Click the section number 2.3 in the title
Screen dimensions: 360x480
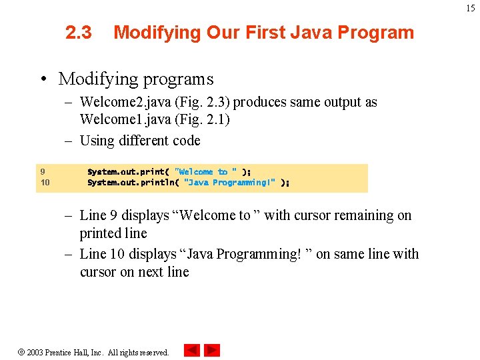(79, 32)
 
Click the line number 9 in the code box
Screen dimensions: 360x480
(42, 171)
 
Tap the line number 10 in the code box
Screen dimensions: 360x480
(45, 182)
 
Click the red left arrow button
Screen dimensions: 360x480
(192, 350)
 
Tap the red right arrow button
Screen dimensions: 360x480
(212, 350)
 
